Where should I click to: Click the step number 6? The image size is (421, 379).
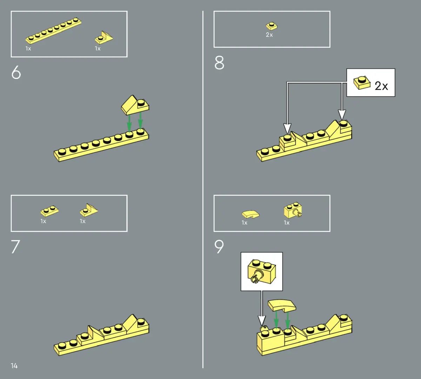[x=16, y=72]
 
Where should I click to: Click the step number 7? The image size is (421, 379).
[x=15, y=247]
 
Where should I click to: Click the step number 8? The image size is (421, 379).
[x=219, y=62]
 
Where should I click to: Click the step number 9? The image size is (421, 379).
[x=219, y=247]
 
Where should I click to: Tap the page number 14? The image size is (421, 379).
[x=14, y=366]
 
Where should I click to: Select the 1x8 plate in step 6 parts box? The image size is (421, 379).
[x=53, y=31]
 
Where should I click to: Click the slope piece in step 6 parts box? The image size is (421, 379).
[x=104, y=38]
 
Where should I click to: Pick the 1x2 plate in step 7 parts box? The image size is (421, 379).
[x=49, y=211]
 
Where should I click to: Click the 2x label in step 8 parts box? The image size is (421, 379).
[x=269, y=35]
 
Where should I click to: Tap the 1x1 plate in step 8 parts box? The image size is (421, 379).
[x=272, y=26]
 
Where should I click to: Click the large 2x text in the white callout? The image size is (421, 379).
[x=381, y=86]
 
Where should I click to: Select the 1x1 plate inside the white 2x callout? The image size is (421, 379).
[x=362, y=83]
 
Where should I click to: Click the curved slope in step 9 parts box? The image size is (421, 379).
[x=250, y=214]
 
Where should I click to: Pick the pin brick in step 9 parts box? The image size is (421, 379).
[x=293, y=210]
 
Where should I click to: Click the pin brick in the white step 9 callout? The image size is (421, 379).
[x=261, y=272]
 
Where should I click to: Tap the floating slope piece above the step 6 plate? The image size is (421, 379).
[x=135, y=105]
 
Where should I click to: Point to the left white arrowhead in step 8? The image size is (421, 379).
[x=287, y=128]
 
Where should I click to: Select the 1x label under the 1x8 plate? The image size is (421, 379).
[x=28, y=49]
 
